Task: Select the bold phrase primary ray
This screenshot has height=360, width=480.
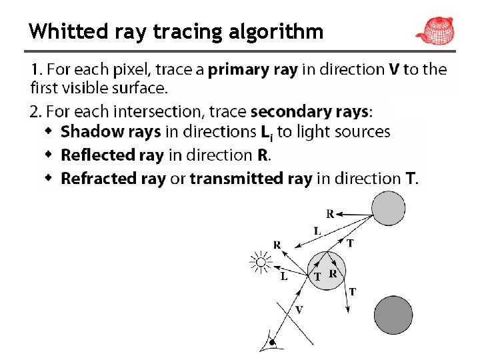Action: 253,69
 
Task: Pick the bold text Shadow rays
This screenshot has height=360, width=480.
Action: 111,132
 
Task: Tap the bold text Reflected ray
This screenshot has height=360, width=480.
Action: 112,155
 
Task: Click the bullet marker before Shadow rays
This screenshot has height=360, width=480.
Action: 48,132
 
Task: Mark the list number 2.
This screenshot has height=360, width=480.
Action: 35,111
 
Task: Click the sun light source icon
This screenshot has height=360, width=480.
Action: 261,263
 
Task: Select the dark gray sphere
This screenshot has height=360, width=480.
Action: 393,315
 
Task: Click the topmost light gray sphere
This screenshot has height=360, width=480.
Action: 388,209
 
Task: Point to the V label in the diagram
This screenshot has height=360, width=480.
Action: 299,309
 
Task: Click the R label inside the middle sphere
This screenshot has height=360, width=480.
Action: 333,273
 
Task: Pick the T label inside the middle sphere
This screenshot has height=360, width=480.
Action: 317,276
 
